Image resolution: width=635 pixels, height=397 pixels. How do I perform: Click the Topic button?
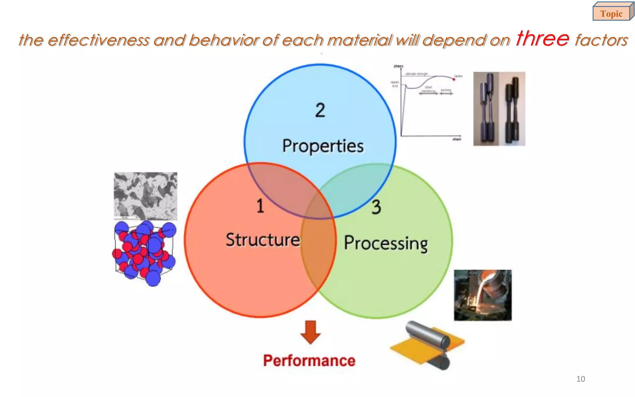[611, 13]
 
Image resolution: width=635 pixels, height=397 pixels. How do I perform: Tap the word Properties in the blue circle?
[323, 146]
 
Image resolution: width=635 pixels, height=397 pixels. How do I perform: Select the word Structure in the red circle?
[263, 240]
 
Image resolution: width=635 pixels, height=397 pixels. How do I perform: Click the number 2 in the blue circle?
[320, 110]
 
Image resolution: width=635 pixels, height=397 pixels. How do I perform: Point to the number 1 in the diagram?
[260, 206]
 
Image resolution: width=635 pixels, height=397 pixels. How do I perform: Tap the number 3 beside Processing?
[376, 207]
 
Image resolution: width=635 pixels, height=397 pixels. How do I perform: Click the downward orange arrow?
[310, 332]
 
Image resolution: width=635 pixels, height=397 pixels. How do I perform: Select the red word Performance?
[309, 361]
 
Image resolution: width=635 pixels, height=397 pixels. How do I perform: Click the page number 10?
[580, 379]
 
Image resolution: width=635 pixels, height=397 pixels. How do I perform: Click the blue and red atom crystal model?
[144, 253]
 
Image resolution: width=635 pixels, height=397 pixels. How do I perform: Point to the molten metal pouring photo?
[483, 295]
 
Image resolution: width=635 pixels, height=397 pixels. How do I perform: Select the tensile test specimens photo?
[499, 109]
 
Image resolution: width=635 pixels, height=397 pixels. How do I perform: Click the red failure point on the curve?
[454, 80]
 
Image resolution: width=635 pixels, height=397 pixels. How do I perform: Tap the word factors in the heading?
[601, 40]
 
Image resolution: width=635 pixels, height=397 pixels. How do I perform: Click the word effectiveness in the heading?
[99, 40]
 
